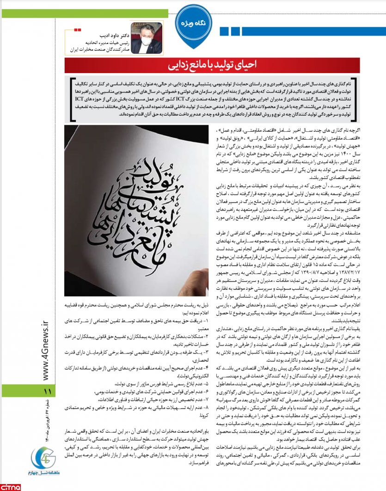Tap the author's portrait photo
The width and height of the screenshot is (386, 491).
click(x=143, y=38)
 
